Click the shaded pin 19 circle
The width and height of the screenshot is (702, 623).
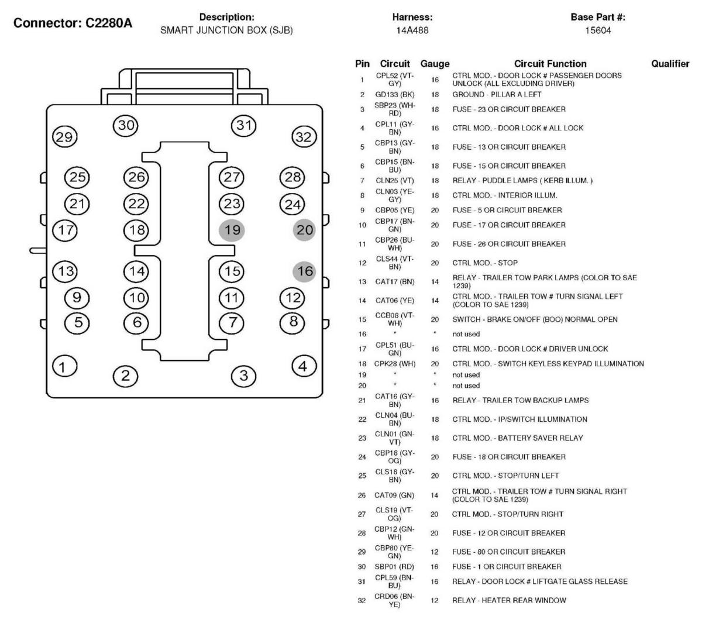point(232,230)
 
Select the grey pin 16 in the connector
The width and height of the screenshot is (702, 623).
point(304,271)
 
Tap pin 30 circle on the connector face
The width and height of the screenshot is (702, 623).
point(125,125)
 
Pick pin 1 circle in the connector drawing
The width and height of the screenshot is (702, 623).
point(64,366)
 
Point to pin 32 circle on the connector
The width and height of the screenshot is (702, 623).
point(304,137)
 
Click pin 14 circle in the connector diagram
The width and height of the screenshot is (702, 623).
point(136,271)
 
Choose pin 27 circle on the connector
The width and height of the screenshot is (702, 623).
point(232,177)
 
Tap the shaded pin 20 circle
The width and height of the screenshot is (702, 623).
point(304,230)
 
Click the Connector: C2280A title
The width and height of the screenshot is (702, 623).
point(73,23)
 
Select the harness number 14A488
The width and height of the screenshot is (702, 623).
point(412,30)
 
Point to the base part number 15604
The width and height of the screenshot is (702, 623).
point(598,30)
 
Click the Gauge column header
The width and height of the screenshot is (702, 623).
point(435,64)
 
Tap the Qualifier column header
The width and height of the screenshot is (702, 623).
point(670,64)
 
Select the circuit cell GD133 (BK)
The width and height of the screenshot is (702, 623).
point(395,95)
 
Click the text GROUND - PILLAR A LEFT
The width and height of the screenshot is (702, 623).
point(497,94)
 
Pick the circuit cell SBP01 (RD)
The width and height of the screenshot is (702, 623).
point(394,567)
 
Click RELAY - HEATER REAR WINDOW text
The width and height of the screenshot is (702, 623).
point(509,600)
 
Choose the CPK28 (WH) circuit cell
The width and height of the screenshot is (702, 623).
point(395,364)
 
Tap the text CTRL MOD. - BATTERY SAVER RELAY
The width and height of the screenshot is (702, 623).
point(518,438)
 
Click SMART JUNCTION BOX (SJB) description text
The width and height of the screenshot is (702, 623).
point(226,30)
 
